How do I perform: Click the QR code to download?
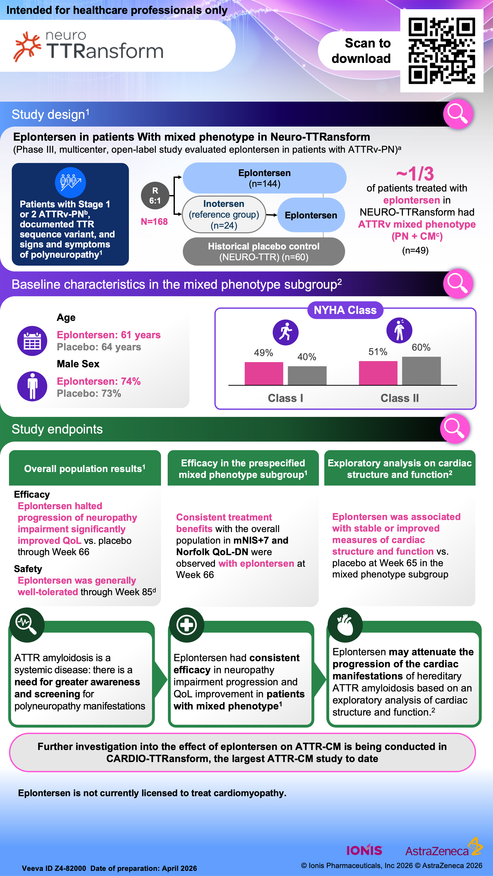(441, 51)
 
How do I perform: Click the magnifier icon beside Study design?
(458, 114)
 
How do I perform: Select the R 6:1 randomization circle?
(155, 196)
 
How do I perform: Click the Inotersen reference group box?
(224, 215)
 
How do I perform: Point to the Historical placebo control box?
(264, 252)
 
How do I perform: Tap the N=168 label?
(154, 222)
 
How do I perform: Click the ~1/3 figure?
(415, 174)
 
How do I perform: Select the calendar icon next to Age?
(32, 341)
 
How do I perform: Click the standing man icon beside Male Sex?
(32, 386)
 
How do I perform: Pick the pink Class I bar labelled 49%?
(264, 373)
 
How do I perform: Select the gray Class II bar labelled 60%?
(421, 371)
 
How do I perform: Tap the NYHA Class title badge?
(345, 310)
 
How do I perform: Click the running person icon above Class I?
(286, 332)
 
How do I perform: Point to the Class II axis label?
(400, 398)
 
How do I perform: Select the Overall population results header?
(85, 469)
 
